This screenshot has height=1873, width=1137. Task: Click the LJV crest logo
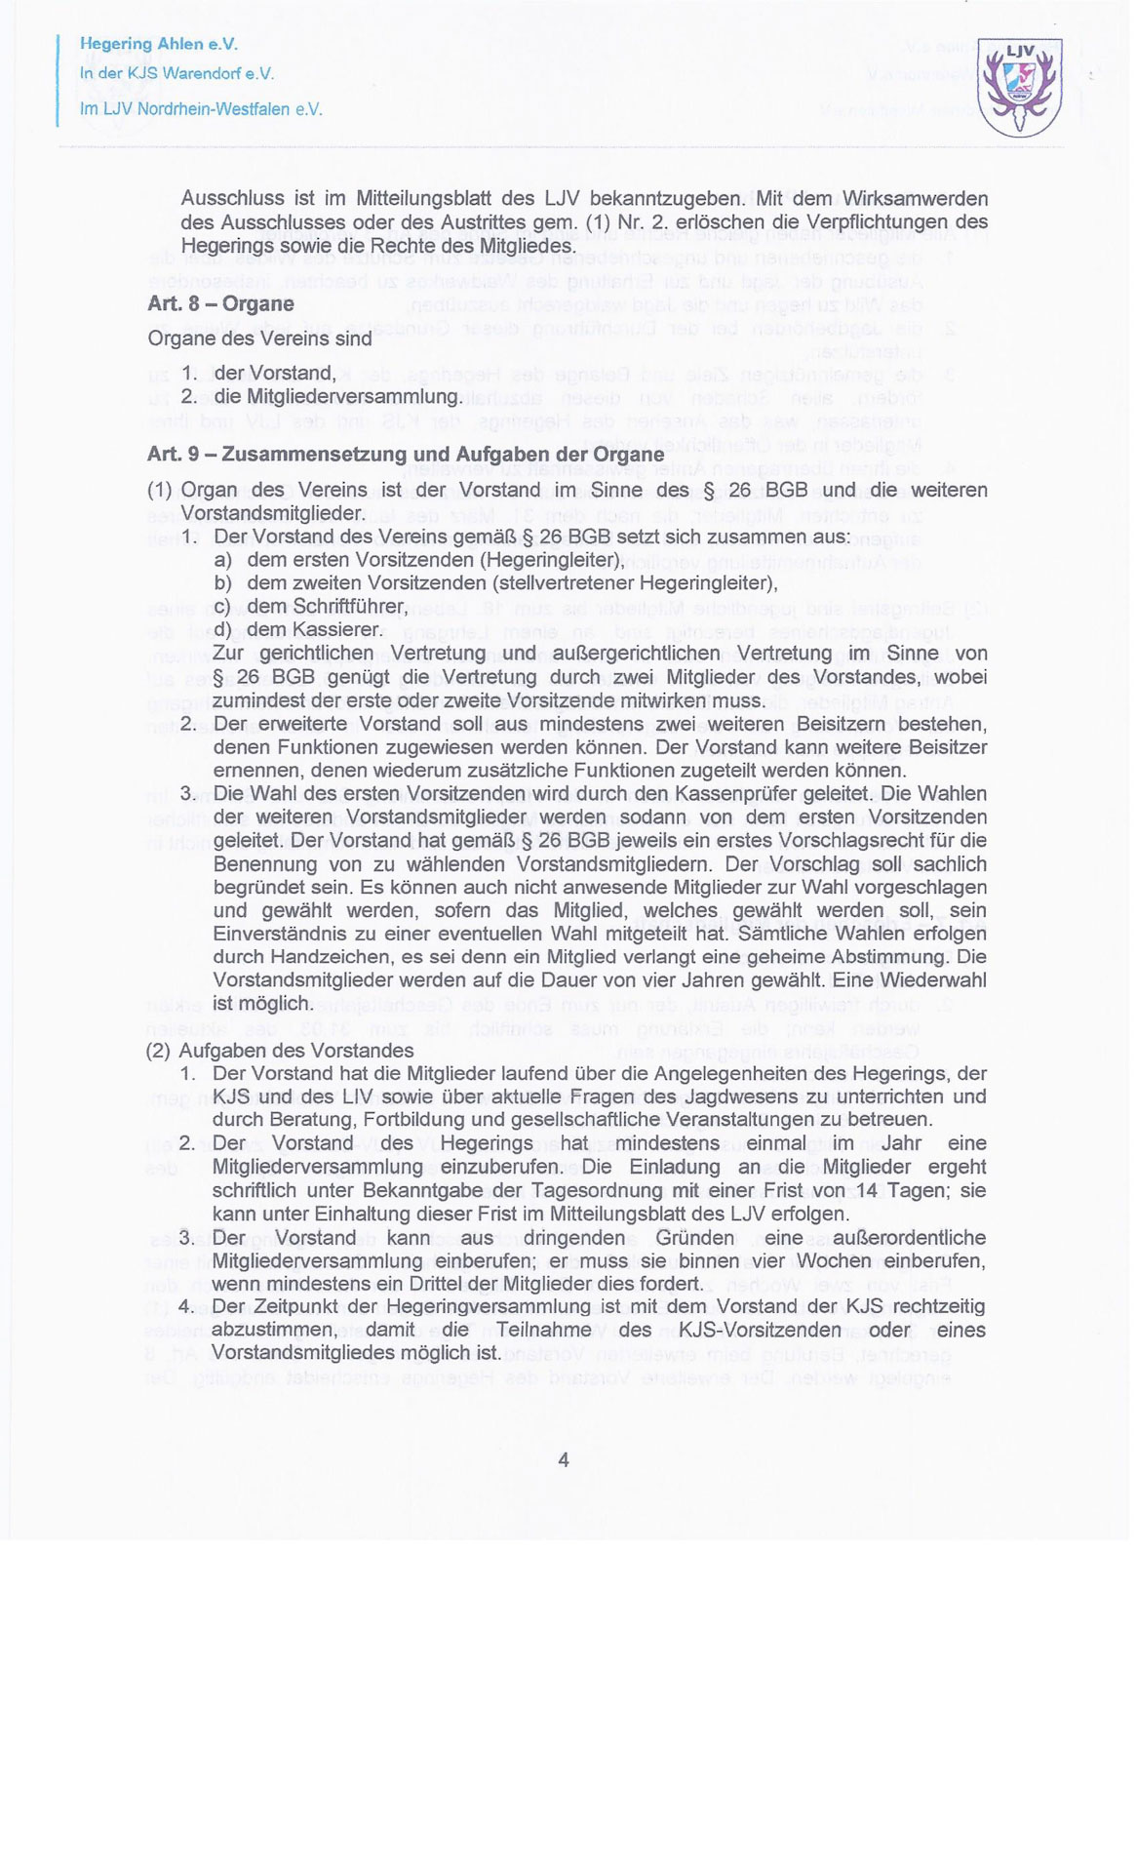[x=1020, y=89]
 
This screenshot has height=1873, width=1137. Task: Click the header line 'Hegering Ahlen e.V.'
[x=158, y=45]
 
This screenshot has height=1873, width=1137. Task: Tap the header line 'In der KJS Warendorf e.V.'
[x=176, y=74]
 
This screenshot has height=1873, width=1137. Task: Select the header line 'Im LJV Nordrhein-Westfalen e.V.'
[x=200, y=109]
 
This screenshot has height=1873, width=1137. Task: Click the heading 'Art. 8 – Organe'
[x=220, y=303]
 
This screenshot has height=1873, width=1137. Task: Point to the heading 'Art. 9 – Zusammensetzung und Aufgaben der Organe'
[x=405, y=455]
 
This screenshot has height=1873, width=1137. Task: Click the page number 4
[x=563, y=1459]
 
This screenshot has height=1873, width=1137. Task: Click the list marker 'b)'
[x=223, y=583]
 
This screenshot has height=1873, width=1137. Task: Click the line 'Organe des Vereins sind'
[x=259, y=339]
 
